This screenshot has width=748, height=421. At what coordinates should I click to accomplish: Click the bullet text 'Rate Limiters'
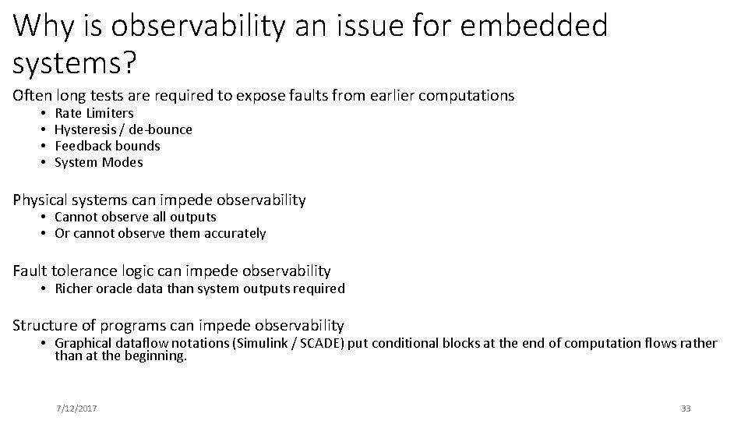coord(94,113)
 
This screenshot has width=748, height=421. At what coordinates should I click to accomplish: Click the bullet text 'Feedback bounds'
coord(107,146)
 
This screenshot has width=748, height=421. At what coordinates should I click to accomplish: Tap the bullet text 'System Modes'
coord(98,162)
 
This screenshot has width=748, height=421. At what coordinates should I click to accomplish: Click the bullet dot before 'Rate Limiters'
coord(45,114)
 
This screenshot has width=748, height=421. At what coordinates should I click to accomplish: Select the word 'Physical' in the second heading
coord(40,200)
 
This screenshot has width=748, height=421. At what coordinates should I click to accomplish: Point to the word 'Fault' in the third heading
coord(30,271)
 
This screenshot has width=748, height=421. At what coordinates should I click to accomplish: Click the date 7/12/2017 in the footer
coord(76,409)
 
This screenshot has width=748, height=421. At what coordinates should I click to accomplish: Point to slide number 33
coord(686,409)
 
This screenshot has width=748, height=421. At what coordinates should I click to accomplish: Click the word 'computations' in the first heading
coord(467,96)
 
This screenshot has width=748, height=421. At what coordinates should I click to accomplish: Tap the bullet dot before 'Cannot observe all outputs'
coord(45,218)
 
